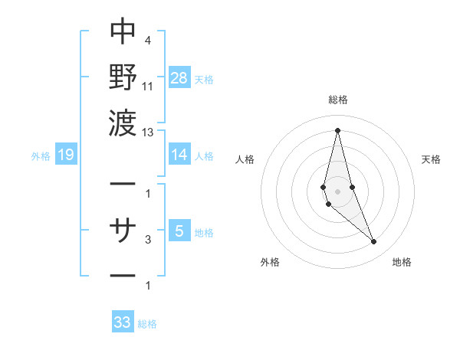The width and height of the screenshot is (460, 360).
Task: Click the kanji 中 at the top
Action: (x=123, y=31)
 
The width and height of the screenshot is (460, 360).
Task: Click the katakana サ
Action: (x=123, y=229)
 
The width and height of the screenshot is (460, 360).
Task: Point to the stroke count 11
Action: (x=148, y=87)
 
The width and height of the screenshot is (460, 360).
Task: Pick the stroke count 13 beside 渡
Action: (x=148, y=132)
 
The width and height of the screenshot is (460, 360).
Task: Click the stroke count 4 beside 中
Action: (x=147, y=41)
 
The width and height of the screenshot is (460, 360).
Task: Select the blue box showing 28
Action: (x=179, y=78)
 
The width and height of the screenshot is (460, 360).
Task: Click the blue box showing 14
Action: (x=179, y=155)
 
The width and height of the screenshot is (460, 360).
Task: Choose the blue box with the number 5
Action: (x=179, y=231)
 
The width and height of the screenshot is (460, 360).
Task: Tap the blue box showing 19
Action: (x=65, y=155)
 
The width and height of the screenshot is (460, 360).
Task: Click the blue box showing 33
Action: (x=123, y=322)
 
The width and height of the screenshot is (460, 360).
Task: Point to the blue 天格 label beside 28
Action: (x=205, y=80)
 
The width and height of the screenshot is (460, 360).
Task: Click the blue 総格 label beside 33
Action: (x=147, y=324)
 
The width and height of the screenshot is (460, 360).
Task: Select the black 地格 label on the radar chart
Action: (x=402, y=263)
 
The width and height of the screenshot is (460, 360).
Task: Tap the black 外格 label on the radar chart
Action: (x=270, y=263)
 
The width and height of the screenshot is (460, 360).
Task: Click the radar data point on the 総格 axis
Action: (x=337, y=129)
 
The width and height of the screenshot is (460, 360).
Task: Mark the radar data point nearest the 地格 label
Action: (x=373, y=242)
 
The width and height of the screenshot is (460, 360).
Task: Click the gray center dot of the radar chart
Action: (x=337, y=191)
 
